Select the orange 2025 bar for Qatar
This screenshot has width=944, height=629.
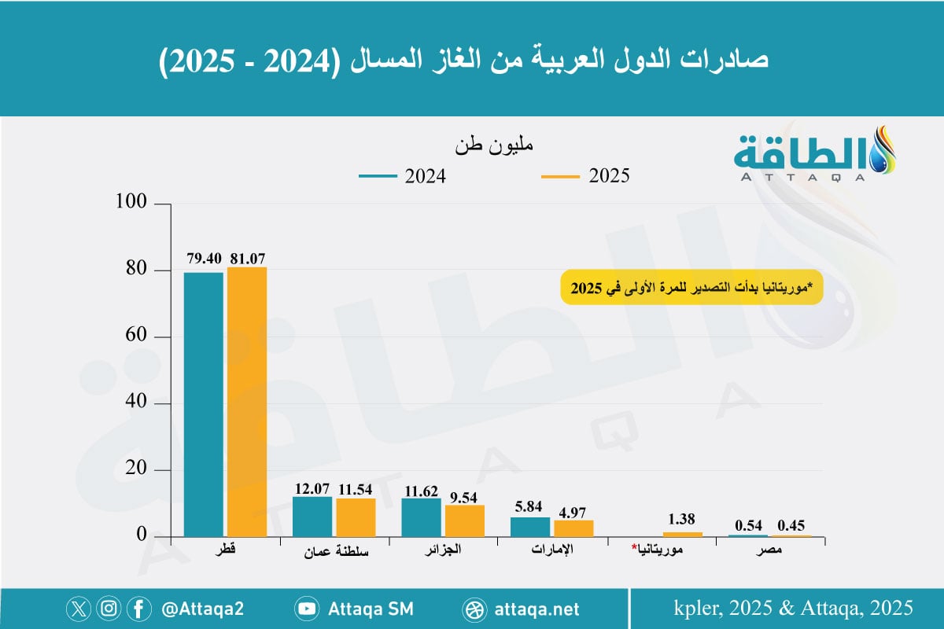[247, 402]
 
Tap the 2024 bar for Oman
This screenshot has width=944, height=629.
[312, 517]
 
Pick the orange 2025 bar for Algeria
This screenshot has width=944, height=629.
[465, 520]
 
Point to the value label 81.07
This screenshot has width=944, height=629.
[248, 258]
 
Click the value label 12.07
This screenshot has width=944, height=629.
[312, 487]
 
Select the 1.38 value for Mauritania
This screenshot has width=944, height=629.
[683, 520]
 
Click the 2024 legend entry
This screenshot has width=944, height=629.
[403, 176]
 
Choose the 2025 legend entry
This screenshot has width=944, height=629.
[585, 176]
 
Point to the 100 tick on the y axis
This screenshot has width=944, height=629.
[131, 204]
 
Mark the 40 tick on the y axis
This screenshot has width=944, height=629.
[136, 403]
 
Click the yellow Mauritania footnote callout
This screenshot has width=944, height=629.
[691, 288]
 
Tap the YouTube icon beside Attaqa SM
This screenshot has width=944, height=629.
[306, 609]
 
